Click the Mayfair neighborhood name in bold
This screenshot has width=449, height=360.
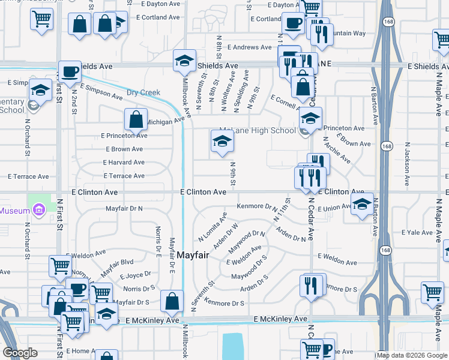(193, 255)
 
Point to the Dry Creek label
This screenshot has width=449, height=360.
(143, 92)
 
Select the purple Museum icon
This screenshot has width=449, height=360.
(40, 210)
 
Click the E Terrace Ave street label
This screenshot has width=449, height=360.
(123, 176)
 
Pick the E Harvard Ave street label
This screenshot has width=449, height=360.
(124, 162)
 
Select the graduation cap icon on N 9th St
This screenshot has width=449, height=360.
(222, 142)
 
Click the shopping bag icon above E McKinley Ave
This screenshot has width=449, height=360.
(172, 302)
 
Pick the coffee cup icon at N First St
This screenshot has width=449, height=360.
(70, 72)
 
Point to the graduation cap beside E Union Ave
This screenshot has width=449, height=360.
(362, 205)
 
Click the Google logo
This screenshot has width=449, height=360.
(20, 353)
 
